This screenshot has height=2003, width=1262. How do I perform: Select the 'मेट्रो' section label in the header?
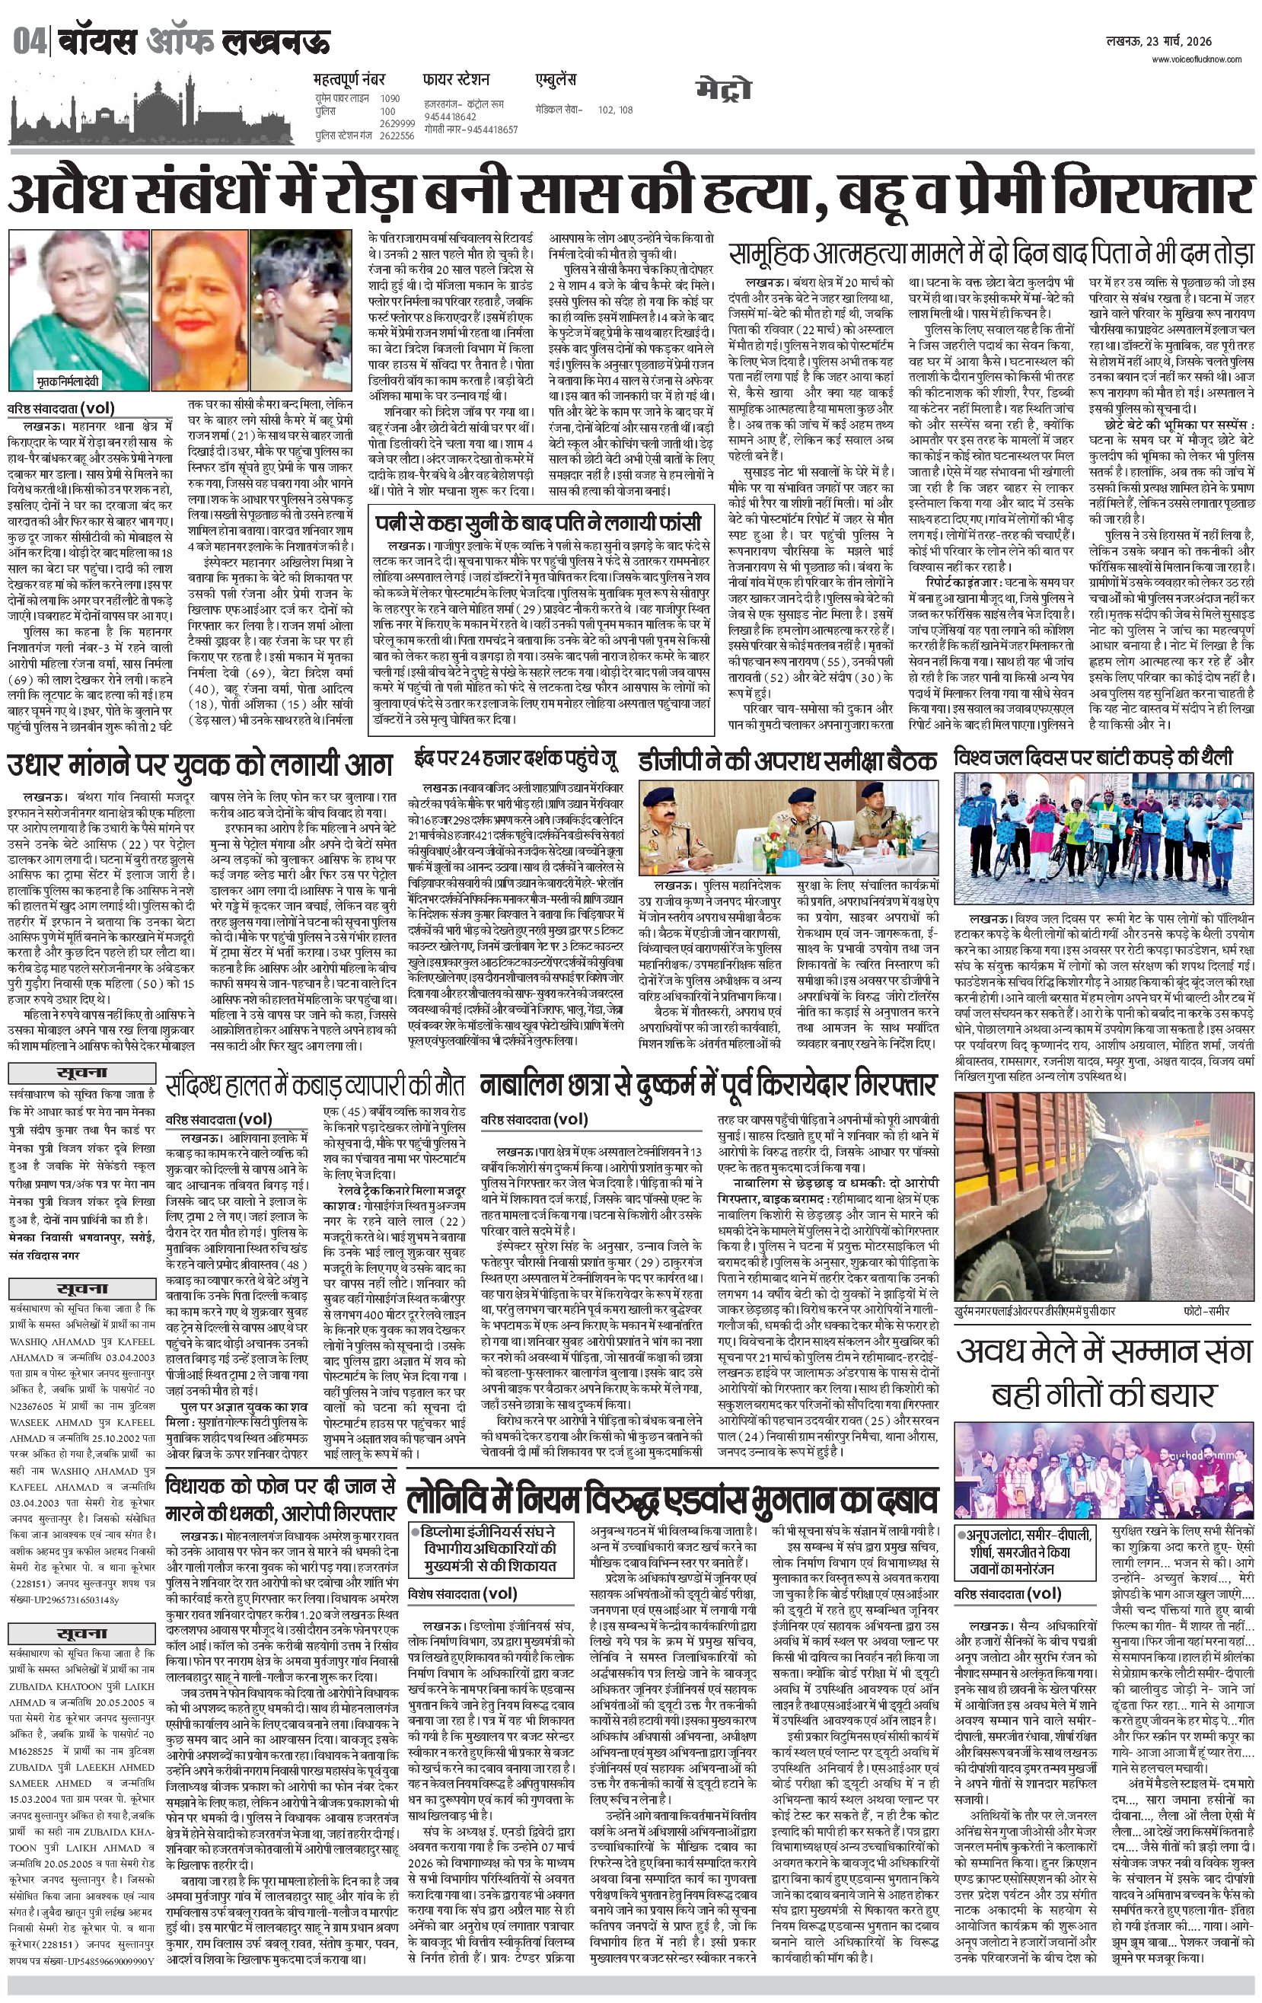coord(724,90)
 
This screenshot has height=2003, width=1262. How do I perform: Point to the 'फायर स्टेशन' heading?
coord(456,81)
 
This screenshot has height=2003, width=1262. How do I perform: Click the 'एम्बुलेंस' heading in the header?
coord(556,81)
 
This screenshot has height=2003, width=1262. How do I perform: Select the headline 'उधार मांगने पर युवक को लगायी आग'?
coord(199,764)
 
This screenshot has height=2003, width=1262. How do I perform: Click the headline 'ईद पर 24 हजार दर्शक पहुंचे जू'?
coord(517,761)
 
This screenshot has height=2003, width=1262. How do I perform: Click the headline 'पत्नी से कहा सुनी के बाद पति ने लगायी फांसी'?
coord(540,524)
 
